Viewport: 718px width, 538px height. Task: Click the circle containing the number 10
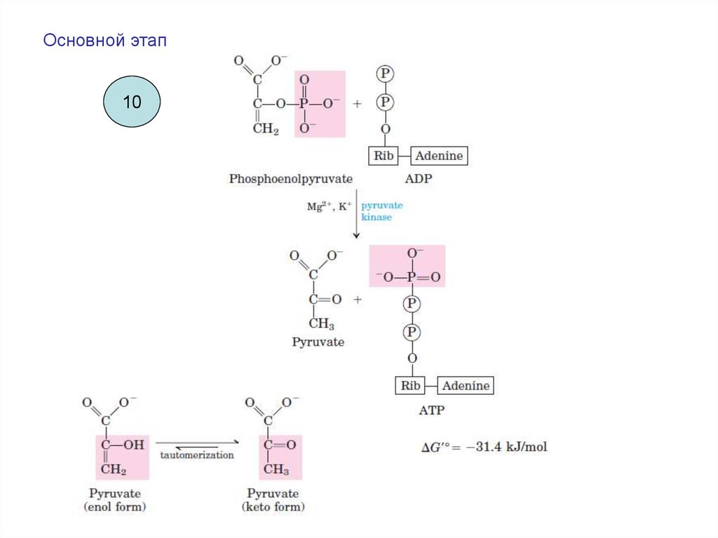click(x=132, y=102)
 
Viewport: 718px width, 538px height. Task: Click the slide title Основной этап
click(x=105, y=41)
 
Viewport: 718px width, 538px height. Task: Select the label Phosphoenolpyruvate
click(x=290, y=179)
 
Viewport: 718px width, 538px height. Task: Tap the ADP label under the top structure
click(x=419, y=179)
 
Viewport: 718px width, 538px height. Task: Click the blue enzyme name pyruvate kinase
click(x=381, y=211)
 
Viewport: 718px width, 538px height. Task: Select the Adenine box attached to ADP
click(x=439, y=156)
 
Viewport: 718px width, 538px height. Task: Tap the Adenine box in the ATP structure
click(x=466, y=386)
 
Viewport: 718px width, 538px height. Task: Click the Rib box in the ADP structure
click(x=384, y=156)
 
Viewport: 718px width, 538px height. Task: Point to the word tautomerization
click(x=197, y=455)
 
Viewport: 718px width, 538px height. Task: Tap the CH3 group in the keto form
click(x=276, y=469)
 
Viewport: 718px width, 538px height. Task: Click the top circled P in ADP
click(x=384, y=72)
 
